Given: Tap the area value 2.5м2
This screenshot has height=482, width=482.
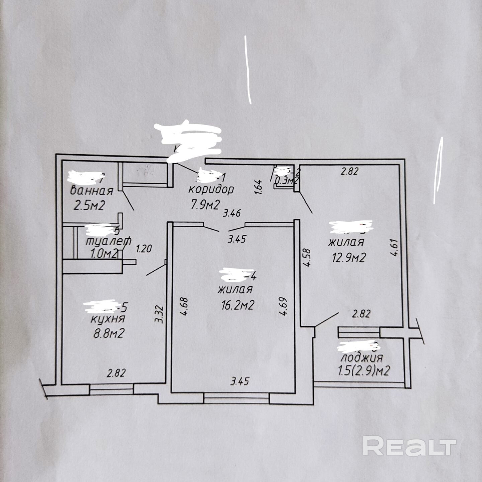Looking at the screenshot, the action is [89, 205].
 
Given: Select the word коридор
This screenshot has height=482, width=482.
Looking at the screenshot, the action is [211, 189].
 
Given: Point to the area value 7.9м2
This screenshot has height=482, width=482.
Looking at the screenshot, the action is [205, 204].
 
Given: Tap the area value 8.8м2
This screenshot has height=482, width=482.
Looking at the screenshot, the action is [108, 333].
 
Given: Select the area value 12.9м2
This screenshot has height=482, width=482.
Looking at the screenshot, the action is [348, 257].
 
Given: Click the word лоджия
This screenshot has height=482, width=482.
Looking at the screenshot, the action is [361, 358].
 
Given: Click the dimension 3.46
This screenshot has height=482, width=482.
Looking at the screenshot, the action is [231, 213].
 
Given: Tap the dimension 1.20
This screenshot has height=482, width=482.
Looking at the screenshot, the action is [144, 249].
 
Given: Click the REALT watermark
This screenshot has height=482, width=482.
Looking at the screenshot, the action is [409, 446].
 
